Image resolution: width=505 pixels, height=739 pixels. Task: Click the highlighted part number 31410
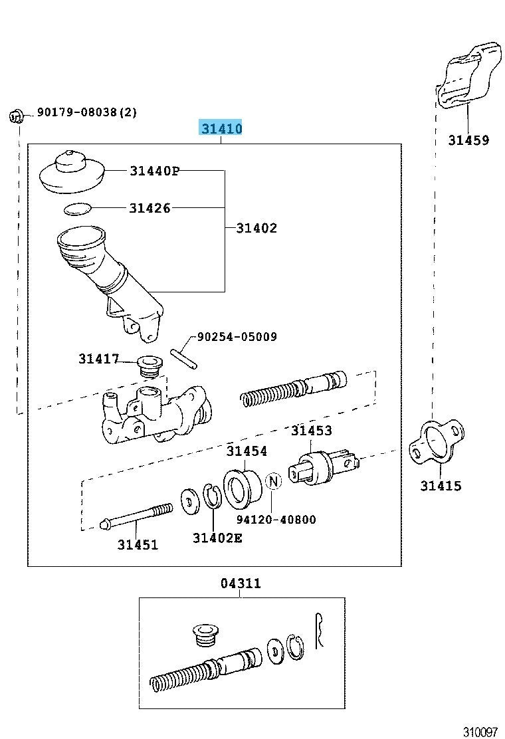[221, 128]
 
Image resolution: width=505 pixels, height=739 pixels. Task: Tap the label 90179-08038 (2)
[86, 113]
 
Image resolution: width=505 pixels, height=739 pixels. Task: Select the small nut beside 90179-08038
[17, 117]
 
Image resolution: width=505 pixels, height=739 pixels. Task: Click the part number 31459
[468, 140]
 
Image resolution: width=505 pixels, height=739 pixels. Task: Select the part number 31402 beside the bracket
[256, 228]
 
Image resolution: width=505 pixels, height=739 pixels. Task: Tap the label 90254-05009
[236, 337]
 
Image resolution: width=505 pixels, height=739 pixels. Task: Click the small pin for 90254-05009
[183, 358]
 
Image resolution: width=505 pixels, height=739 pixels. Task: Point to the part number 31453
[311, 431]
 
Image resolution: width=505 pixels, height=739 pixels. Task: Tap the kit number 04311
[241, 583]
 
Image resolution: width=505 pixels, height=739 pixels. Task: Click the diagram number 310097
[480, 732]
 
